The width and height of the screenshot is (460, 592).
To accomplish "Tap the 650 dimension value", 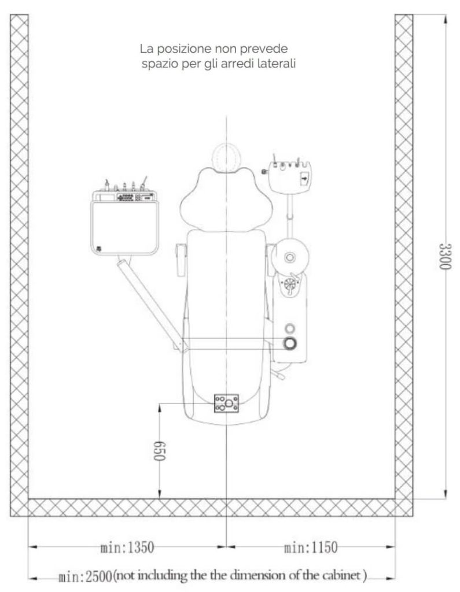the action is point(159,451).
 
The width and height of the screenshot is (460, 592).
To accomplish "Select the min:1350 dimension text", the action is point(127,547).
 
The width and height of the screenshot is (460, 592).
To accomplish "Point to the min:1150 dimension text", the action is point(311,547).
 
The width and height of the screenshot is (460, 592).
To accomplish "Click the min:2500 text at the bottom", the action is point(86,577).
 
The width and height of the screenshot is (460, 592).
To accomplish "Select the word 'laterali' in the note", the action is point(277,64).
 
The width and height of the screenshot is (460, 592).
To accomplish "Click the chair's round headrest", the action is point(226,156).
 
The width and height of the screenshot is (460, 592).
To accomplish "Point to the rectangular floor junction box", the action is point(226,403).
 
